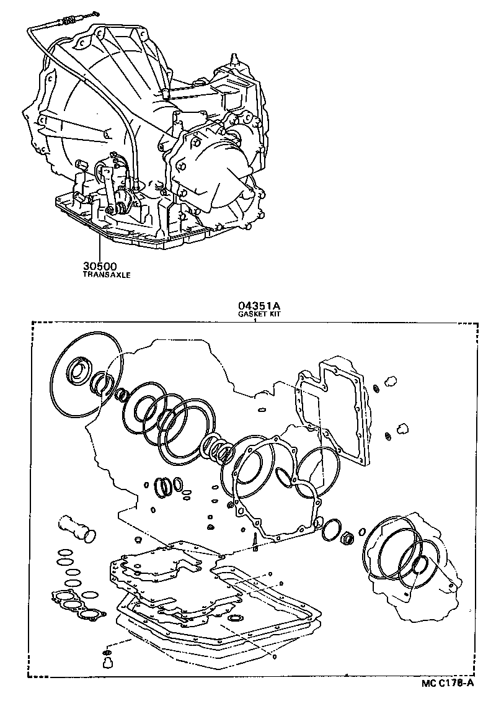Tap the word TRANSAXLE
pyautogui.click(x=107, y=274)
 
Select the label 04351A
pyautogui.click(x=255, y=306)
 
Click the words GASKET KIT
pyautogui.click(x=255, y=314)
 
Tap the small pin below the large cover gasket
pyautogui.click(x=255, y=541)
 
